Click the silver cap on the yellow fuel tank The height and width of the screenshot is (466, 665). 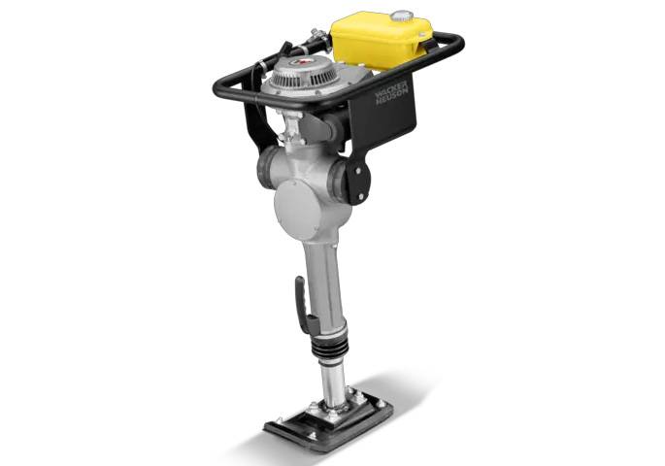tap(401, 17)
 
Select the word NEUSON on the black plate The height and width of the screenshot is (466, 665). tap(393, 97)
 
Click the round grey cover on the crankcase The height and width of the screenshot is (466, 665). tap(299, 209)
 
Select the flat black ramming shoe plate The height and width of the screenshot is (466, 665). tap(329, 418)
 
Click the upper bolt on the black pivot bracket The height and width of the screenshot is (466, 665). tap(357, 171)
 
